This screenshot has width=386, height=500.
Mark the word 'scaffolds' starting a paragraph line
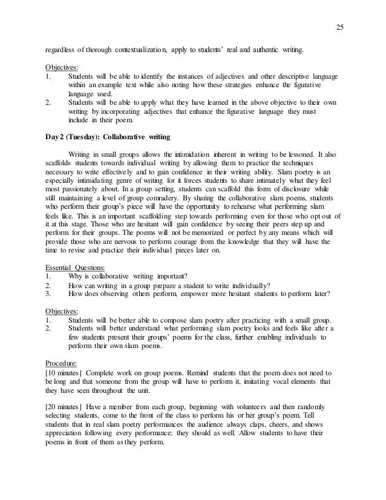point(61,165)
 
